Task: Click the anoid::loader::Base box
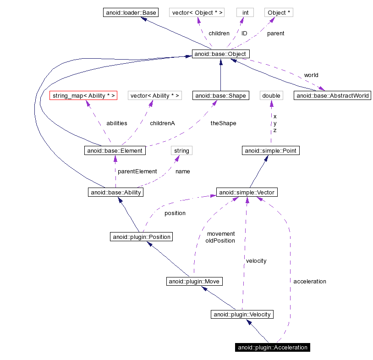click(130, 12)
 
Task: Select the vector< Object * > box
click(197, 12)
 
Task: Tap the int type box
click(245, 12)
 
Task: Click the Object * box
click(279, 12)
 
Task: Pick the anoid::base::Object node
click(221, 54)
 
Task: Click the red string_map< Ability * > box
click(83, 95)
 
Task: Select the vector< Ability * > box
click(154, 95)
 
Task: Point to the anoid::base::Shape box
click(220, 96)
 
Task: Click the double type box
click(271, 95)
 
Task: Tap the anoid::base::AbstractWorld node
click(332, 96)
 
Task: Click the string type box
click(181, 150)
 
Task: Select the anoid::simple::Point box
click(271, 150)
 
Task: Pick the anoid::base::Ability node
click(115, 192)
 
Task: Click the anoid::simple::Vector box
click(247, 192)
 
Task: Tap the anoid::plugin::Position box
click(141, 237)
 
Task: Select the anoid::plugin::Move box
click(194, 281)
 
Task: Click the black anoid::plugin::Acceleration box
click(272, 347)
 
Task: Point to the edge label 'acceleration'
click(310, 281)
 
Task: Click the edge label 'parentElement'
click(137, 171)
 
